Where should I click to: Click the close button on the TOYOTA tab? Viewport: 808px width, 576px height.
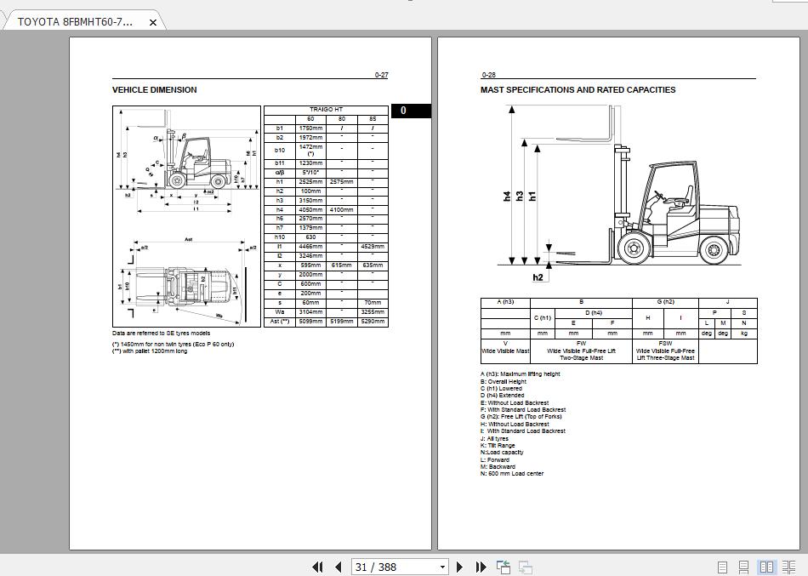[153, 22]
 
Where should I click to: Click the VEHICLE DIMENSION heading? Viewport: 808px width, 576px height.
[154, 89]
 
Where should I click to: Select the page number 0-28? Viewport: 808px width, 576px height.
[488, 76]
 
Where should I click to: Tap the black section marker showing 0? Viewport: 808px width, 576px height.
[403, 111]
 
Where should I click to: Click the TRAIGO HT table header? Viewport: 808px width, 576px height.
[326, 110]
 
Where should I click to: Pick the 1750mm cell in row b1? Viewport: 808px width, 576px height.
[310, 128]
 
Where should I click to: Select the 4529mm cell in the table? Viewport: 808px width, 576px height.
[372, 246]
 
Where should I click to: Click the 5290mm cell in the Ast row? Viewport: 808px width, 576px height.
[372, 322]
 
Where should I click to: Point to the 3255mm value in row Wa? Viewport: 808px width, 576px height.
[372, 312]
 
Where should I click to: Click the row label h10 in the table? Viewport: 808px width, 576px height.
[279, 237]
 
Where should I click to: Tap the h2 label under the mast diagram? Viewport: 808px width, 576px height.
[538, 277]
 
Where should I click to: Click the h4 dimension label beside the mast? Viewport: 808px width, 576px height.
[507, 196]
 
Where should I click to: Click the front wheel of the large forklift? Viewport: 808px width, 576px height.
[633, 248]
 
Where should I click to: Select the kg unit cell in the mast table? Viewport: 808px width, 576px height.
[743, 334]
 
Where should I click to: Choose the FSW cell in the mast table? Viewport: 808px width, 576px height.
[665, 344]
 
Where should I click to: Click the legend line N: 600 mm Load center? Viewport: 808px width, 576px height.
[512, 474]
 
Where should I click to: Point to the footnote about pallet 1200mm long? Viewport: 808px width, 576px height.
[150, 351]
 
